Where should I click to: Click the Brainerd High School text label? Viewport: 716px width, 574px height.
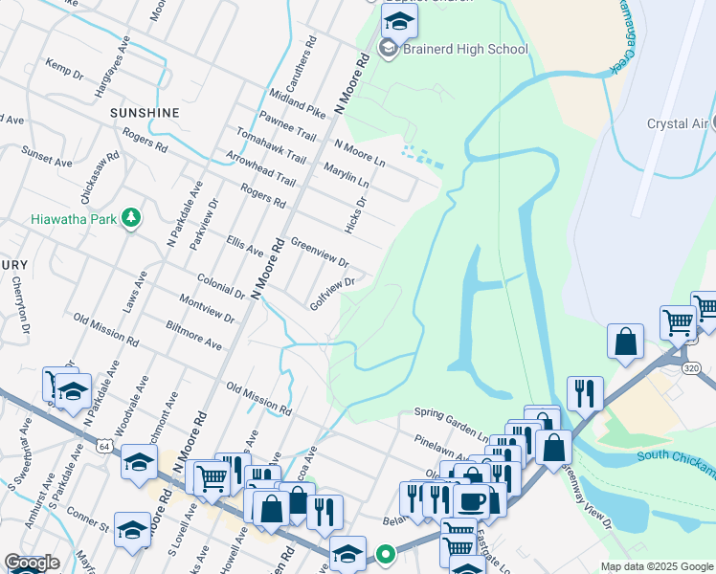pyautogui.click(x=465, y=50)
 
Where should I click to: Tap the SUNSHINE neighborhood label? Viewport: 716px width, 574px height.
pyautogui.click(x=145, y=113)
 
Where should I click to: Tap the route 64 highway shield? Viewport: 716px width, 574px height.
pyautogui.click(x=104, y=446)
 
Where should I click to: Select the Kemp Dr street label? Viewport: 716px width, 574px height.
pyautogui.click(x=64, y=69)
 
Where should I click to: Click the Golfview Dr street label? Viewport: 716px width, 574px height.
pyautogui.click(x=332, y=295)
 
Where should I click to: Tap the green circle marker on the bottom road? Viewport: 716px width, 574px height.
pyautogui.click(x=386, y=554)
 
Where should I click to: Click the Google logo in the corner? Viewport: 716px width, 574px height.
pyautogui.click(x=32, y=563)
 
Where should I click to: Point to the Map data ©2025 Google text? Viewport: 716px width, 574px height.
pyautogui.click(x=657, y=566)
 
